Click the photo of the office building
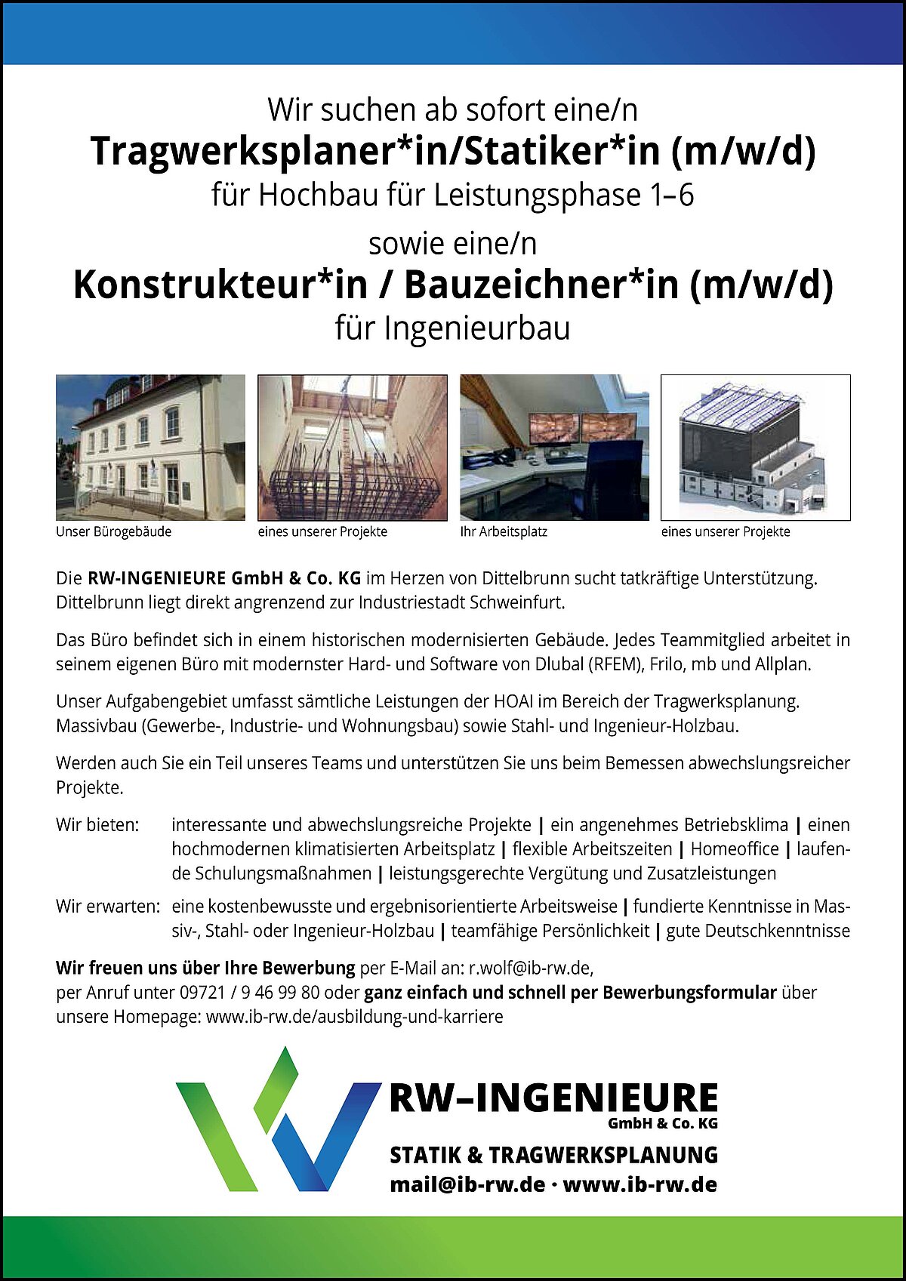150,447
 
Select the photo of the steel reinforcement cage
352,447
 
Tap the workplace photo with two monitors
554,447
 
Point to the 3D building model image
755,447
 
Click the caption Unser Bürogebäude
113,531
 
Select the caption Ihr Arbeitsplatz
504,531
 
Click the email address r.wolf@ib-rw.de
530,968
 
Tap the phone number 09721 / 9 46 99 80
249,992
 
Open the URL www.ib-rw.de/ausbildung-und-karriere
354,1016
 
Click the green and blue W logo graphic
278,1121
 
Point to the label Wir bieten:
97,825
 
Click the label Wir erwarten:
107,906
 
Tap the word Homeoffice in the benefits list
734,849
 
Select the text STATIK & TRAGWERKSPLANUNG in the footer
553,1155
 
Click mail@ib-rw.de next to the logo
467,1184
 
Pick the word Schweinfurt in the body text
516,603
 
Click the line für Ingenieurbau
452,328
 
